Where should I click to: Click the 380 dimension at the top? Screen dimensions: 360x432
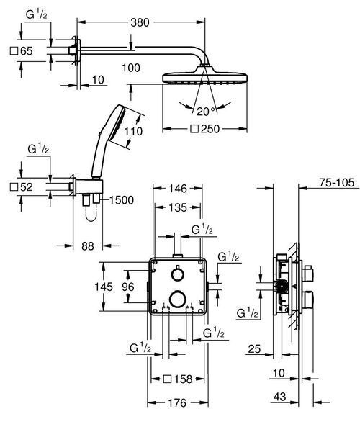click(140, 22)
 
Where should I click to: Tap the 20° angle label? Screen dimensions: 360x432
click(206, 112)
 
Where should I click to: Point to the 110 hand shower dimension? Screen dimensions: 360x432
click(133, 131)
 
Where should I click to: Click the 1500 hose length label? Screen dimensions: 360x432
click(122, 200)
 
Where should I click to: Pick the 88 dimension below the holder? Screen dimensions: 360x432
click(88, 246)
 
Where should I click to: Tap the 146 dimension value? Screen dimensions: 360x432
click(178, 189)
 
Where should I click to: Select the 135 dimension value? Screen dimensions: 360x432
click(178, 207)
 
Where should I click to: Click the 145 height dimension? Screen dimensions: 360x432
click(104, 287)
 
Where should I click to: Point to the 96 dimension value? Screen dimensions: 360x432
click(128, 287)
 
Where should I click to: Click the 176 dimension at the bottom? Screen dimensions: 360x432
click(177, 403)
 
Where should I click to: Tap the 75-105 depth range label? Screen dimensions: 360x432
click(336, 182)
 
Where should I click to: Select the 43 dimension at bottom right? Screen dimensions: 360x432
click(280, 397)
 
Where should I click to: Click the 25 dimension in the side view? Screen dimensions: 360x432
click(254, 348)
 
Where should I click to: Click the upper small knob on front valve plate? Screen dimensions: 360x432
click(178, 274)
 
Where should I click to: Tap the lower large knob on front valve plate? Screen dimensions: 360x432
click(178, 299)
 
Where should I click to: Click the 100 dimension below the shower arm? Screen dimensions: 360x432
click(131, 68)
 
